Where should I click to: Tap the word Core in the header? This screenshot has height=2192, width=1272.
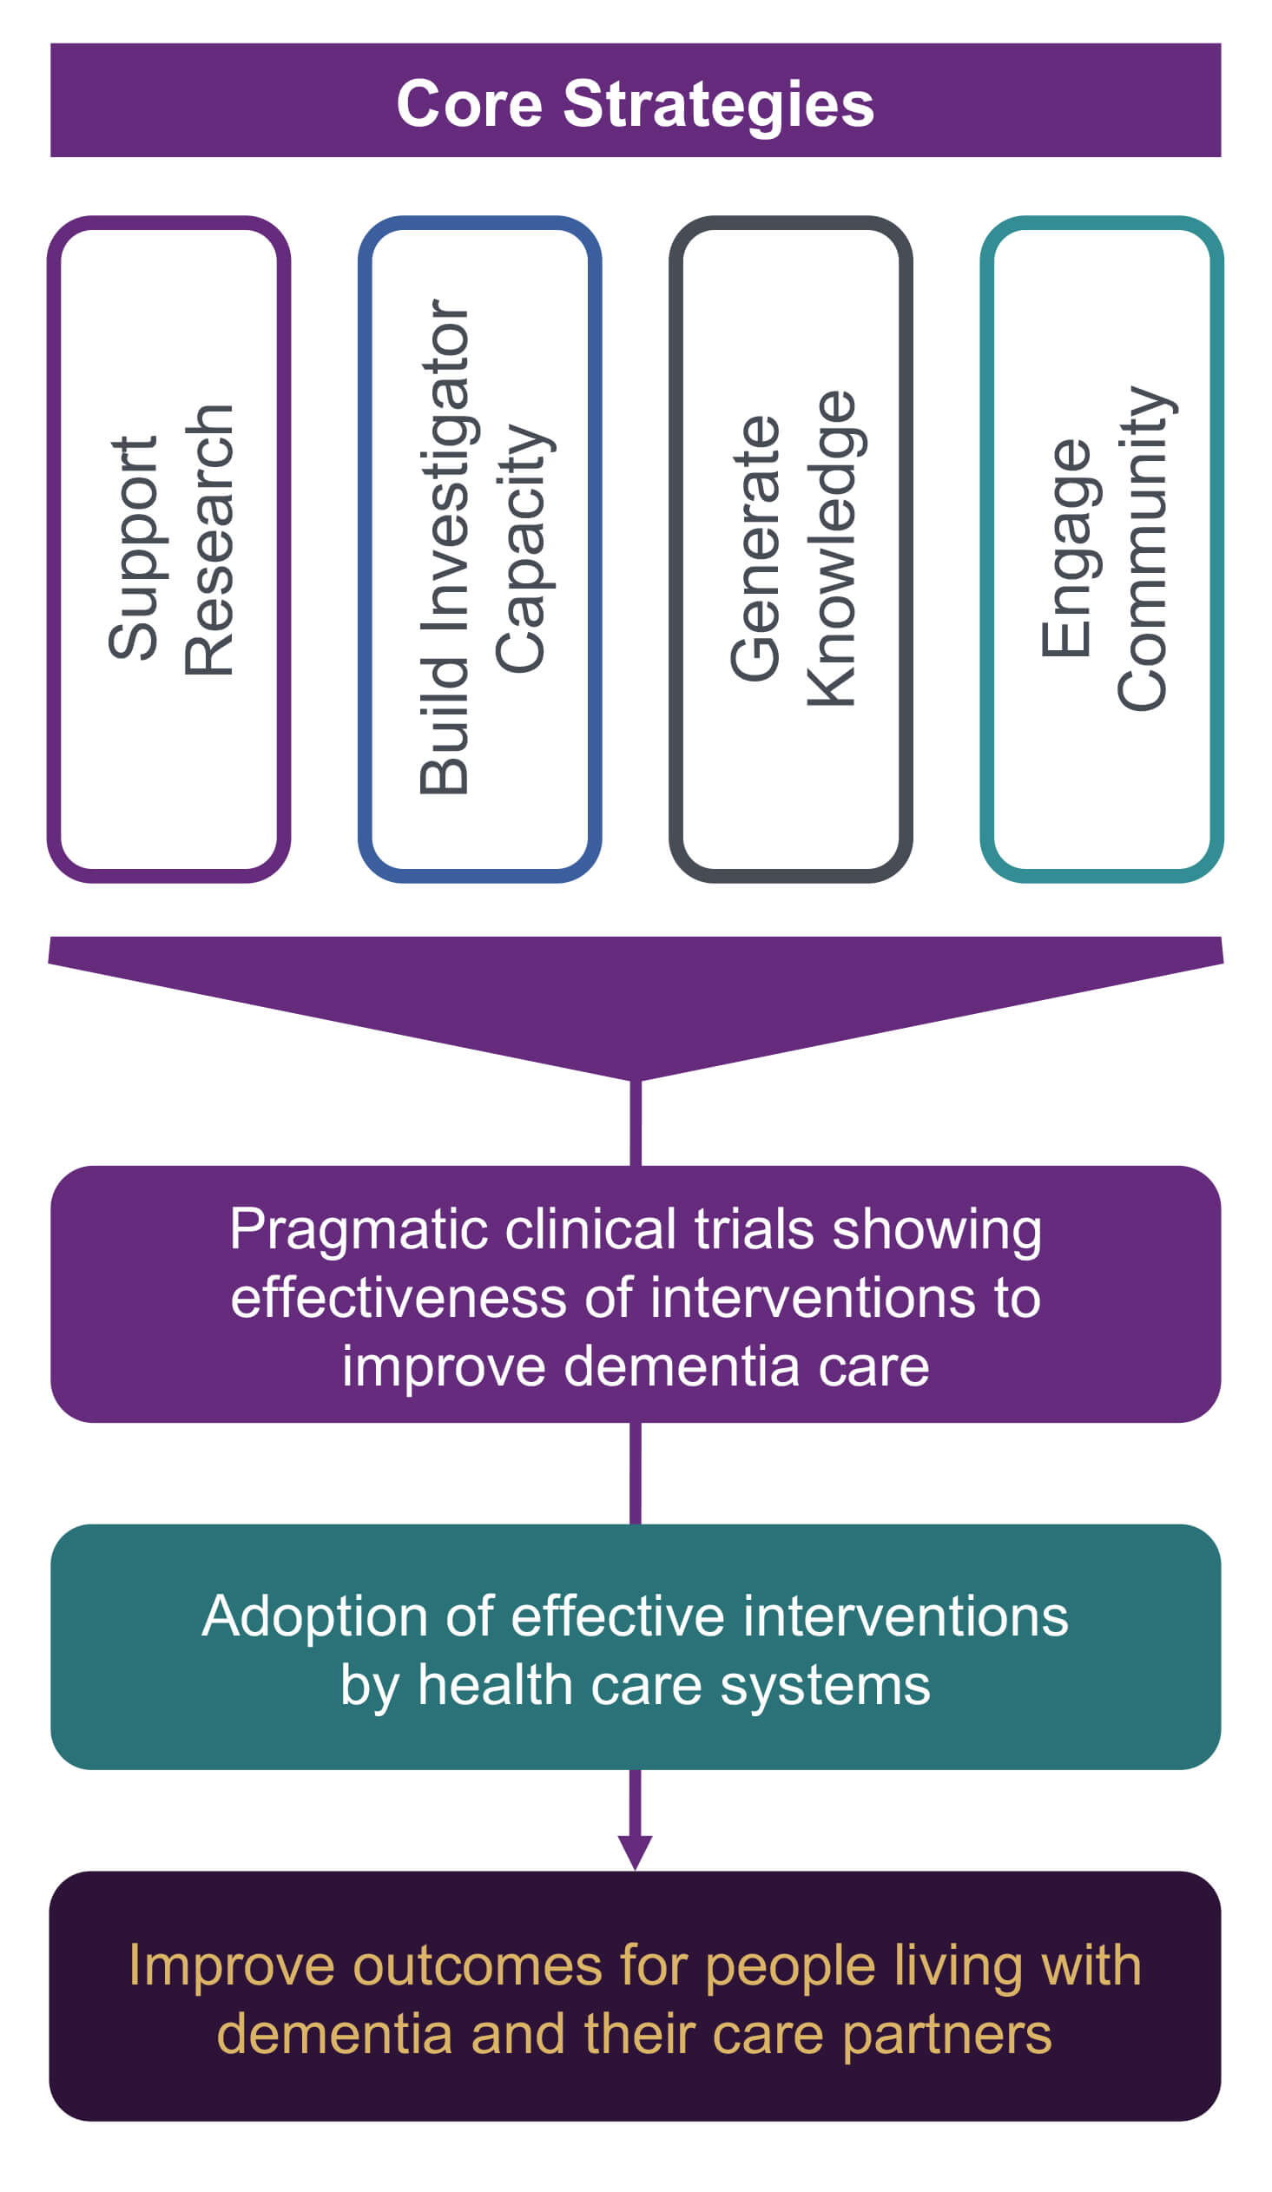(x=469, y=104)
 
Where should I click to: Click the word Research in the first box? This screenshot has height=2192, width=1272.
(x=209, y=540)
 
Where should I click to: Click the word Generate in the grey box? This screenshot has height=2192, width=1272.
(x=755, y=549)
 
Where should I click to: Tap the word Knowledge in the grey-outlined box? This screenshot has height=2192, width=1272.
(x=832, y=549)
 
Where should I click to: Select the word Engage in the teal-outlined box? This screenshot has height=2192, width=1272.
(x=1067, y=549)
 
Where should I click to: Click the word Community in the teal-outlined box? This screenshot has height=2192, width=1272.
(x=1143, y=549)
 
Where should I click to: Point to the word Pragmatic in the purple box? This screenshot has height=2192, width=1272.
(x=359, y=1232)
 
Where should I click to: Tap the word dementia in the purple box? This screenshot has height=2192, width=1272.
(x=682, y=1366)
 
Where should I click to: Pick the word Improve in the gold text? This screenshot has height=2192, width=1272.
(x=232, y=1965)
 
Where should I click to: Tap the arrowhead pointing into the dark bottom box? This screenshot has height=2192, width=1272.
(x=635, y=1851)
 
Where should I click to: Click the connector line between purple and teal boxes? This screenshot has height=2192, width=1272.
(x=635, y=1473)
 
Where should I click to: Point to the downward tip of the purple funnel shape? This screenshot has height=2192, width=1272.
(x=635, y=1078)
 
